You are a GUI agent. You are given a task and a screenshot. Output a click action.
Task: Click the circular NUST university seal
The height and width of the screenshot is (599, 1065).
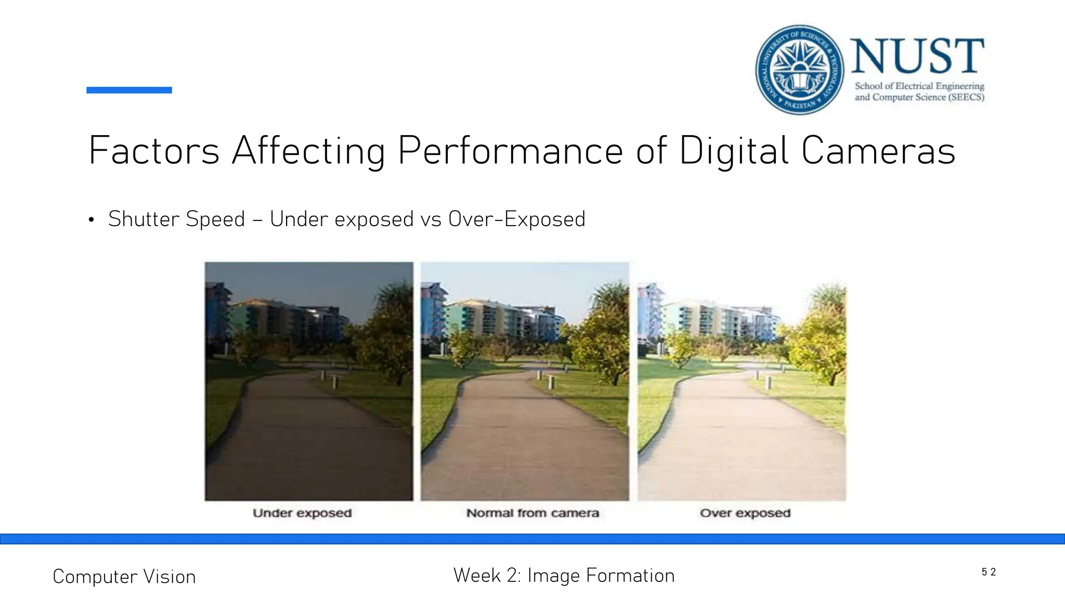click(x=799, y=70)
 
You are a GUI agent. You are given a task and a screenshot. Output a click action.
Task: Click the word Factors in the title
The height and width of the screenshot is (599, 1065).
click(x=154, y=151)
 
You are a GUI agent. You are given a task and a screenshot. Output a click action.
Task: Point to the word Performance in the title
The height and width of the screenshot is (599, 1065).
click(x=510, y=151)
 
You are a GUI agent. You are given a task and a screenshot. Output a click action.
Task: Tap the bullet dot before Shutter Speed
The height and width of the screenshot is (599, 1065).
click(x=92, y=220)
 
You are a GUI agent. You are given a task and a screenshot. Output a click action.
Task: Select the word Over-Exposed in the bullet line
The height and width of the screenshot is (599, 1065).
click(x=517, y=219)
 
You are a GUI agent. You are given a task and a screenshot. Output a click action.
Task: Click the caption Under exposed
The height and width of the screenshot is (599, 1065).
click(x=302, y=513)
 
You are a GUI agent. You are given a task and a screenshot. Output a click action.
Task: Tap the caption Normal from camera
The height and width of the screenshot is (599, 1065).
click(x=532, y=513)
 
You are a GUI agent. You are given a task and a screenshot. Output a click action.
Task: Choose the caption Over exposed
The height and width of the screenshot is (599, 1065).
click(x=745, y=513)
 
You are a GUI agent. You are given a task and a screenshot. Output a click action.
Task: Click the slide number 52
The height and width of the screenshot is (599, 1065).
click(x=989, y=572)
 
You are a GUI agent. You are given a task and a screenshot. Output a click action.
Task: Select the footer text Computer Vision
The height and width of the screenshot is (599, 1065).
click(x=124, y=577)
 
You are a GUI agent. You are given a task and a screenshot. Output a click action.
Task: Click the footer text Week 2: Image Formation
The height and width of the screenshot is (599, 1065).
click(x=564, y=576)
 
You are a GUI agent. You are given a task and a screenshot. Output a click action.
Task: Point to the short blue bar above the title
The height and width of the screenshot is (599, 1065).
click(x=129, y=90)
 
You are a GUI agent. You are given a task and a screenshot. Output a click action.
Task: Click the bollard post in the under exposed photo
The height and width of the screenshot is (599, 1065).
click(x=334, y=382)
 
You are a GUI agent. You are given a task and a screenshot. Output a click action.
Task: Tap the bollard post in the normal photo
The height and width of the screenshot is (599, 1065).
click(x=551, y=382)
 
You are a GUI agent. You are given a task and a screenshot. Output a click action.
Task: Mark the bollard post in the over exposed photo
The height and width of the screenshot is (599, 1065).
click(x=768, y=383)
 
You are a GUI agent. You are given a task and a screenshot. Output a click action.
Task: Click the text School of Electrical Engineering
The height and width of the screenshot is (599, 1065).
click(x=919, y=86)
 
